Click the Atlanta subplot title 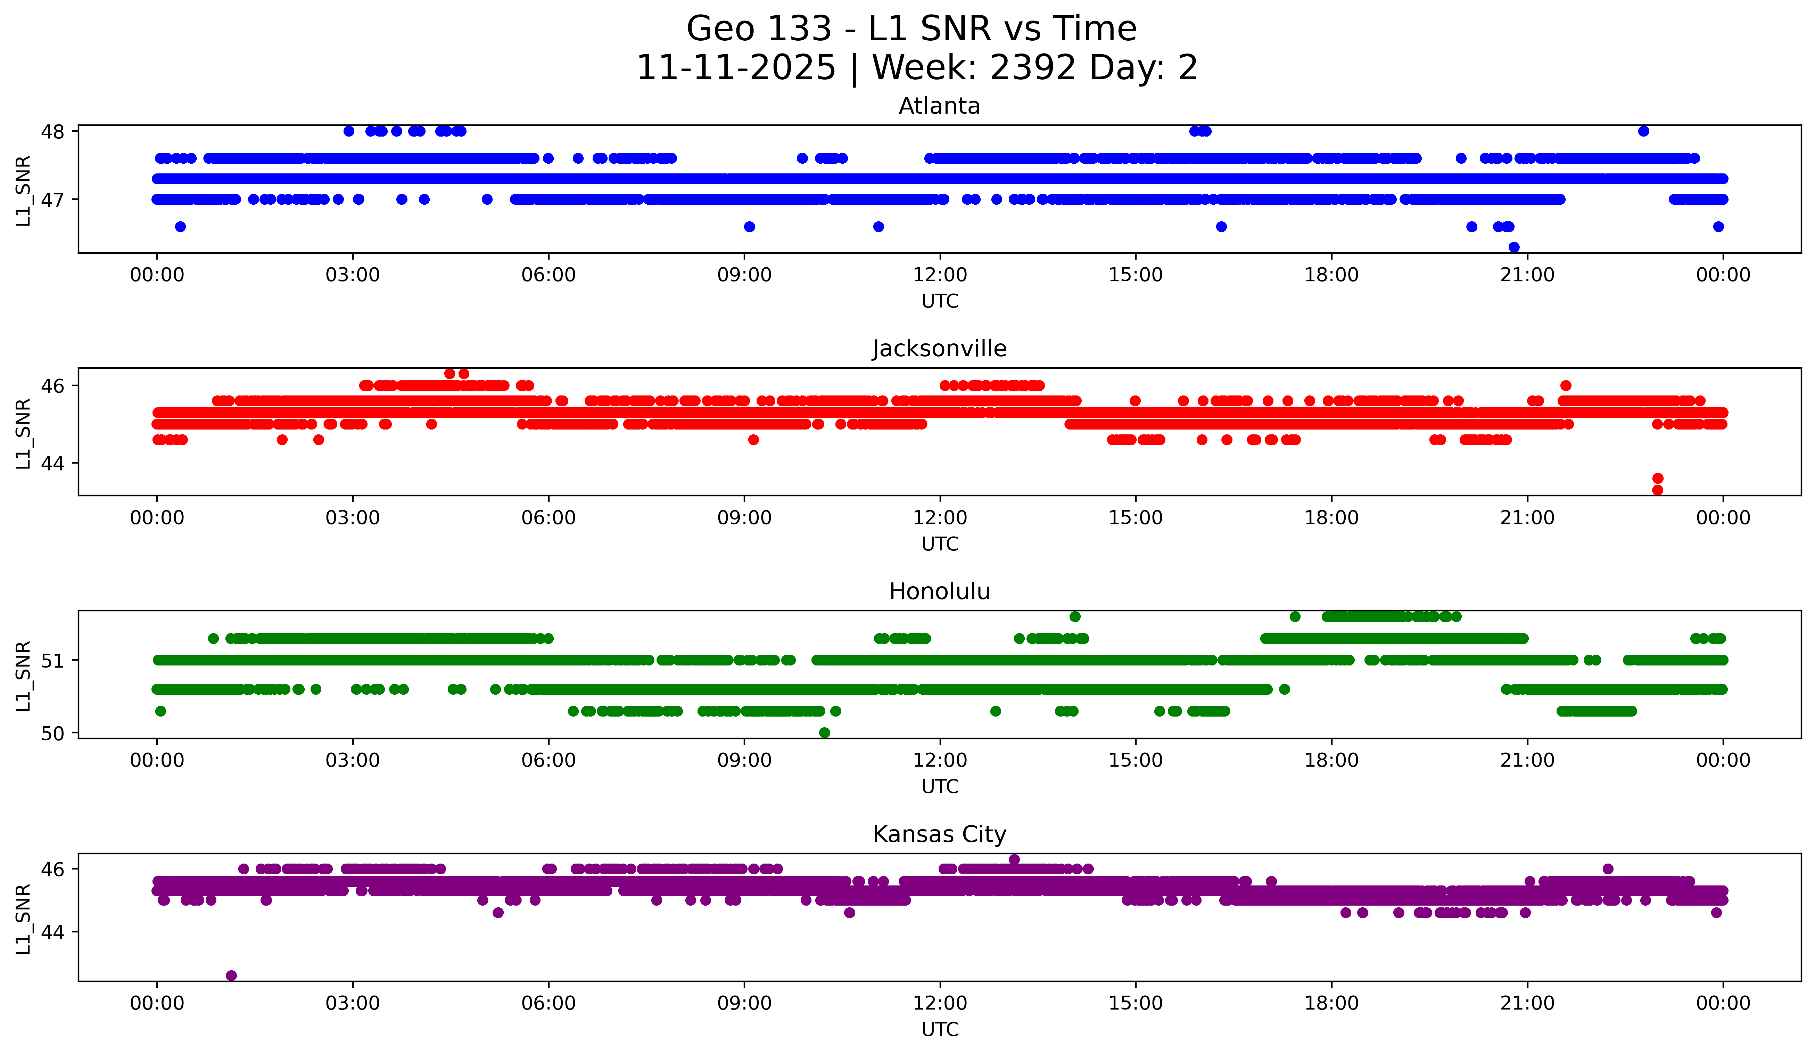(x=939, y=106)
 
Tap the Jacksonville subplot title (x=939, y=349)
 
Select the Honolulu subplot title (x=939, y=591)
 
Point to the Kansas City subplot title (x=939, y=834)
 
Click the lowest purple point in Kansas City (x=231, y=975)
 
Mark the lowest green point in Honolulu (x=825, y=733)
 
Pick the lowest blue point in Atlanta (x=1514, y=247)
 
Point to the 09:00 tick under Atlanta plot (x=744, y=275)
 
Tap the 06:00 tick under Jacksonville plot (x=549, y=518)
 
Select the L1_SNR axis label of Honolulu (x=23, y=676)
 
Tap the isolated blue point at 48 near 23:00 (x=1644, y=131)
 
